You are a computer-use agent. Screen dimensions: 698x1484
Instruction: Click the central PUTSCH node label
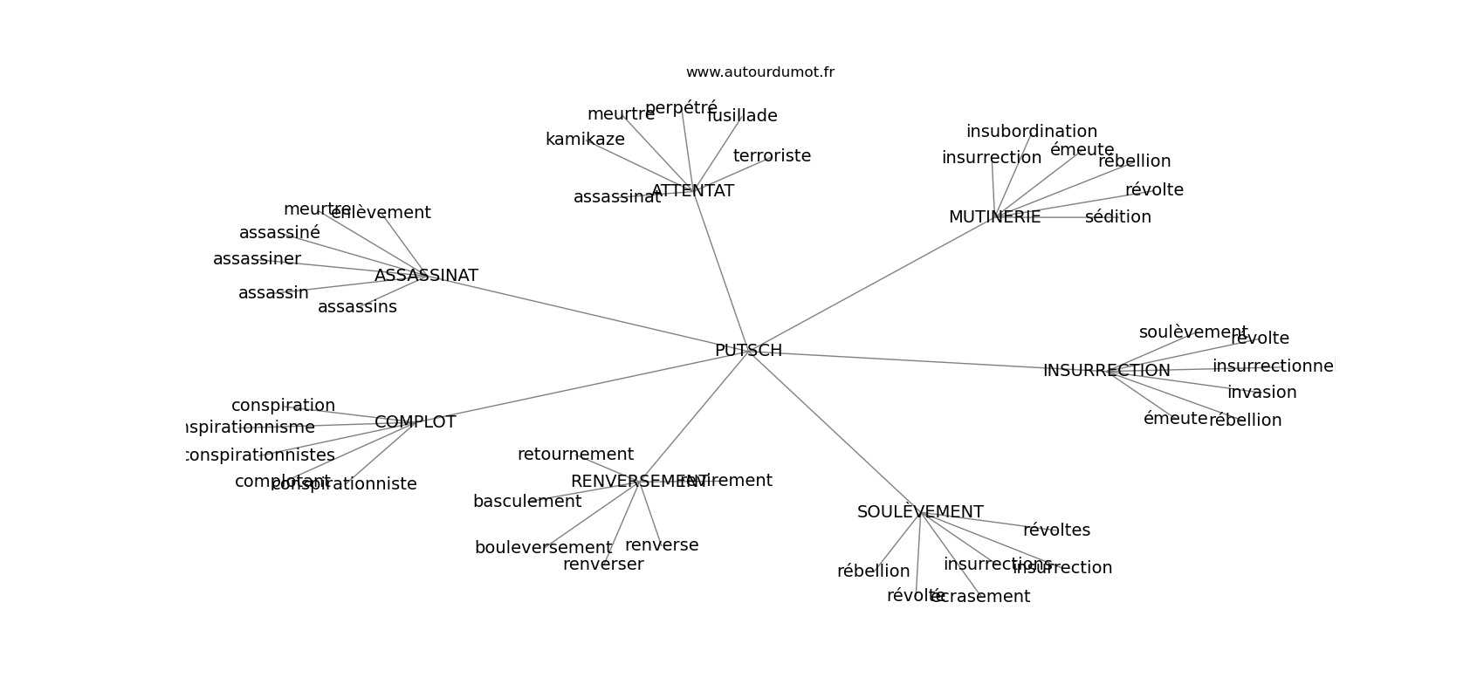pos(748,351)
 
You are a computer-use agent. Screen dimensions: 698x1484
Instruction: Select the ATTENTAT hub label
pos(692,191)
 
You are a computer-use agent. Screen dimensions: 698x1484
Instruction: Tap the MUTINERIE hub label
pos(994,217)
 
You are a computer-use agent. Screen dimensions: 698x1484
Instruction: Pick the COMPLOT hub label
pos(415,422)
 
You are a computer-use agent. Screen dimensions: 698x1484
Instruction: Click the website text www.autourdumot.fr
pos(759,72)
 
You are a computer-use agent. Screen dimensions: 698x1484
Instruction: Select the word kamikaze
pos(585,140)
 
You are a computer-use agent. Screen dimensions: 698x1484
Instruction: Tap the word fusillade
pos(742,116)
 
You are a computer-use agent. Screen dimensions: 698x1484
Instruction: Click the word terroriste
pos(772,156)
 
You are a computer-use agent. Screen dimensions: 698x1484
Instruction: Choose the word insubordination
pos(1031,132)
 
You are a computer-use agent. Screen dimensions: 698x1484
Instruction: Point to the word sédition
pos(1117,217)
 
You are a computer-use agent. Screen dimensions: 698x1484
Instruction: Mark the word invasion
pos(1261,393)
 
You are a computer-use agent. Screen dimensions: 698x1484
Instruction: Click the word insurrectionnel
pos(1273,366)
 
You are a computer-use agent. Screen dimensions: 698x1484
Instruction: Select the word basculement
pos(526,502)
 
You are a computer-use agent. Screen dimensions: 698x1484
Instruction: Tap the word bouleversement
pos(543,548)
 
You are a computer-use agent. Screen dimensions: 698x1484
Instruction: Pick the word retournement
pos(575,455)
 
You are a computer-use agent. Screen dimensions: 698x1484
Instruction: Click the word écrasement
pos(980,597)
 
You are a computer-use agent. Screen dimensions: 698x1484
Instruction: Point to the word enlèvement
pos(381,213)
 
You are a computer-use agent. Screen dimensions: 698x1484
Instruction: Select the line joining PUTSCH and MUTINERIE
pos(873,283)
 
